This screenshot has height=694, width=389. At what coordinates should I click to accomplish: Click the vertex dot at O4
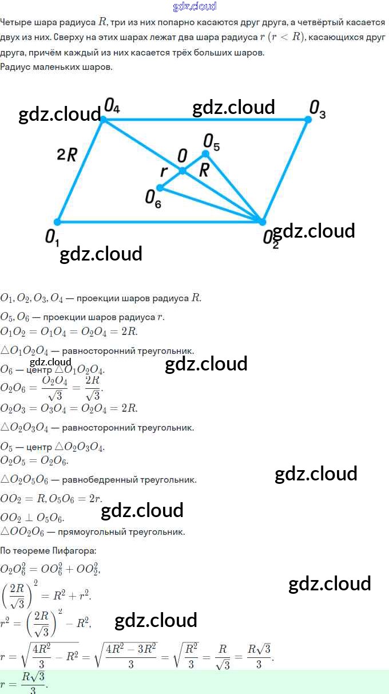[x=104, y=119]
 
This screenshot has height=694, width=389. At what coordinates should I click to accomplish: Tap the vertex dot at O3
[x=308, y=119]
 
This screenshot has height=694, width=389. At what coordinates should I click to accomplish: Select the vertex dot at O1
[x=57, y=222]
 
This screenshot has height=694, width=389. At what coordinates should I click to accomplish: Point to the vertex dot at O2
[x=263, y=222]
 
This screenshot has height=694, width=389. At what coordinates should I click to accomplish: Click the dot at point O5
[x=206, y=153]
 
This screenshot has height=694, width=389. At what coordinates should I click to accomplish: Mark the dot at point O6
[x=160, y=187]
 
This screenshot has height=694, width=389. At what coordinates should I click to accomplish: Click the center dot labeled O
[x=182, y=171]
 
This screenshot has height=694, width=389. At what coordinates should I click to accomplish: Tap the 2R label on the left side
[x=66, y=155]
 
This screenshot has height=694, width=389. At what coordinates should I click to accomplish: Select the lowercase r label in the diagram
[x=164, y=171]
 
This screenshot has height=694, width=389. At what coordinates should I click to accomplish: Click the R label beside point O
[x=204, y=170]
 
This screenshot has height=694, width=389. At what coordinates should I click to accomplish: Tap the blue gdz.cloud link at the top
[x=194, y=6]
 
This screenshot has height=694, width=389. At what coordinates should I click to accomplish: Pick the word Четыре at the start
[x=15, y=22]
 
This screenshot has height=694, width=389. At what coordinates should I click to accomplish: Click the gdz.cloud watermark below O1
[x=101, y=253]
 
